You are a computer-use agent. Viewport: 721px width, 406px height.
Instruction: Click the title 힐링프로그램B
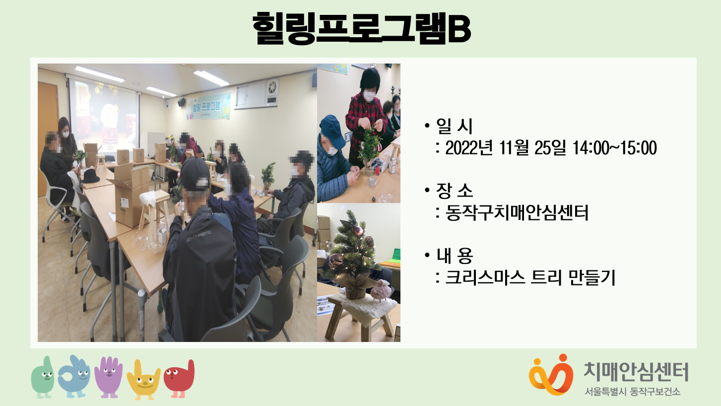(x=361, y=28)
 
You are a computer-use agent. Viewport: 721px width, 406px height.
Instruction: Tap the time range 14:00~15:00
(x=615, y=148)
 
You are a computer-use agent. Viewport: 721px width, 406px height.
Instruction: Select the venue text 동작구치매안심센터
(x=517, y=212)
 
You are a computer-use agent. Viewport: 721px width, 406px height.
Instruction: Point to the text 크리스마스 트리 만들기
(x=530, y=277)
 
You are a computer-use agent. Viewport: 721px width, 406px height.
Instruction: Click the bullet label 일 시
(x=454, y=126)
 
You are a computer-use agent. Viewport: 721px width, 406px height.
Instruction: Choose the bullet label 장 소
(x=454, y=191)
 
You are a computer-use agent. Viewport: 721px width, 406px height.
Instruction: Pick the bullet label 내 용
(x=454, y=256)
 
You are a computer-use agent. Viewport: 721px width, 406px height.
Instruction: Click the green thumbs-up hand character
(x=43, y=377)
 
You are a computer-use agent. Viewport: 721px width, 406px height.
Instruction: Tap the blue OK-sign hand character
(x=74, y=376)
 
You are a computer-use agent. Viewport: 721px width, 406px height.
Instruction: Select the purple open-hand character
(x=109, y=377)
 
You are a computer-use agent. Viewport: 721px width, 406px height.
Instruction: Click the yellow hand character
(x=143, y=380)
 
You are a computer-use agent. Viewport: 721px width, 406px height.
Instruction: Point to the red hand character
(x=180, y=379)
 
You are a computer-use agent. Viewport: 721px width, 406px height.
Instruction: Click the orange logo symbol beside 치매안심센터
(x=551, y=375)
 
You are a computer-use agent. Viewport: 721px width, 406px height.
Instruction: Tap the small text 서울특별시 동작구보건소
(x=633, y=392)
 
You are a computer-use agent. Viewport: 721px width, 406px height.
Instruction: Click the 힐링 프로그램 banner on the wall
(x=208, y=106)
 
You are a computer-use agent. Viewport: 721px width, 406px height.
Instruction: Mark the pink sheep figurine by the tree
(x=381, y=290)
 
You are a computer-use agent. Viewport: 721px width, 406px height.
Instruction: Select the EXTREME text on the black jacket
(x=199, y=236)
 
